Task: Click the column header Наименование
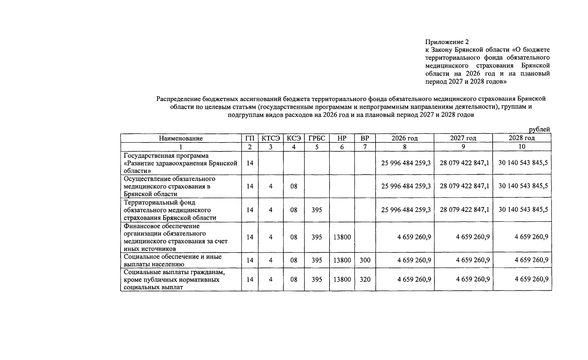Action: (x=181, y=138)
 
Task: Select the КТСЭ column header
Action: (x=270, y=138)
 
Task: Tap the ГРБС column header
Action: (x=317, y=138)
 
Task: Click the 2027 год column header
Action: (x=463, y=138)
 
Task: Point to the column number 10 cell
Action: (x=522, y=147)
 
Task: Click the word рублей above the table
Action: (x=539, y=129)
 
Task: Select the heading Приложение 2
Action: (x=447, y=42)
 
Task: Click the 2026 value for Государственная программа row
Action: (x=406, y=163)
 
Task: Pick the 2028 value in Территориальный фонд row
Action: (x=523, y=209)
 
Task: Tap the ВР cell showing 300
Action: (x=365, y=260)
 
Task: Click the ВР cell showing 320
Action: (x=365, y=280)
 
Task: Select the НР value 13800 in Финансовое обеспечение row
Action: (x=342, y=237)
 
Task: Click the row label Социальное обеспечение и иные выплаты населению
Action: (x=172, y=260)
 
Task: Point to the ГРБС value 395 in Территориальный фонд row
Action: (x=317, y=210)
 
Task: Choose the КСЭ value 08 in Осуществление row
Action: (x=294, y=186)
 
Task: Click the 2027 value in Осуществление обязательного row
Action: (x=464, y=186)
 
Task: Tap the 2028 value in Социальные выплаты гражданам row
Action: (x=531, y=279)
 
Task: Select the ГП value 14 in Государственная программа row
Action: (x=250, y=163)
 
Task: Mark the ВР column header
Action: (x=365, y=138)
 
